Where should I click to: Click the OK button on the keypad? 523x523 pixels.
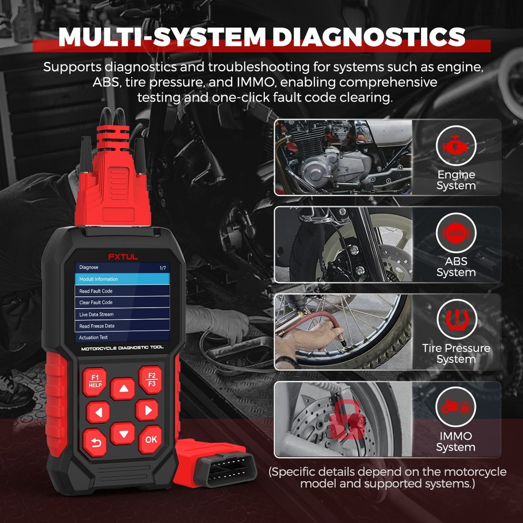(151, 439)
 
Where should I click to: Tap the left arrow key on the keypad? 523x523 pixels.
(98, 412)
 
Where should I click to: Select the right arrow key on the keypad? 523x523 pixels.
(147, 410)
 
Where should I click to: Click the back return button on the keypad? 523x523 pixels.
(95, 442)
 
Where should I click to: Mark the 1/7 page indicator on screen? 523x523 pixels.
(163, 268)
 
